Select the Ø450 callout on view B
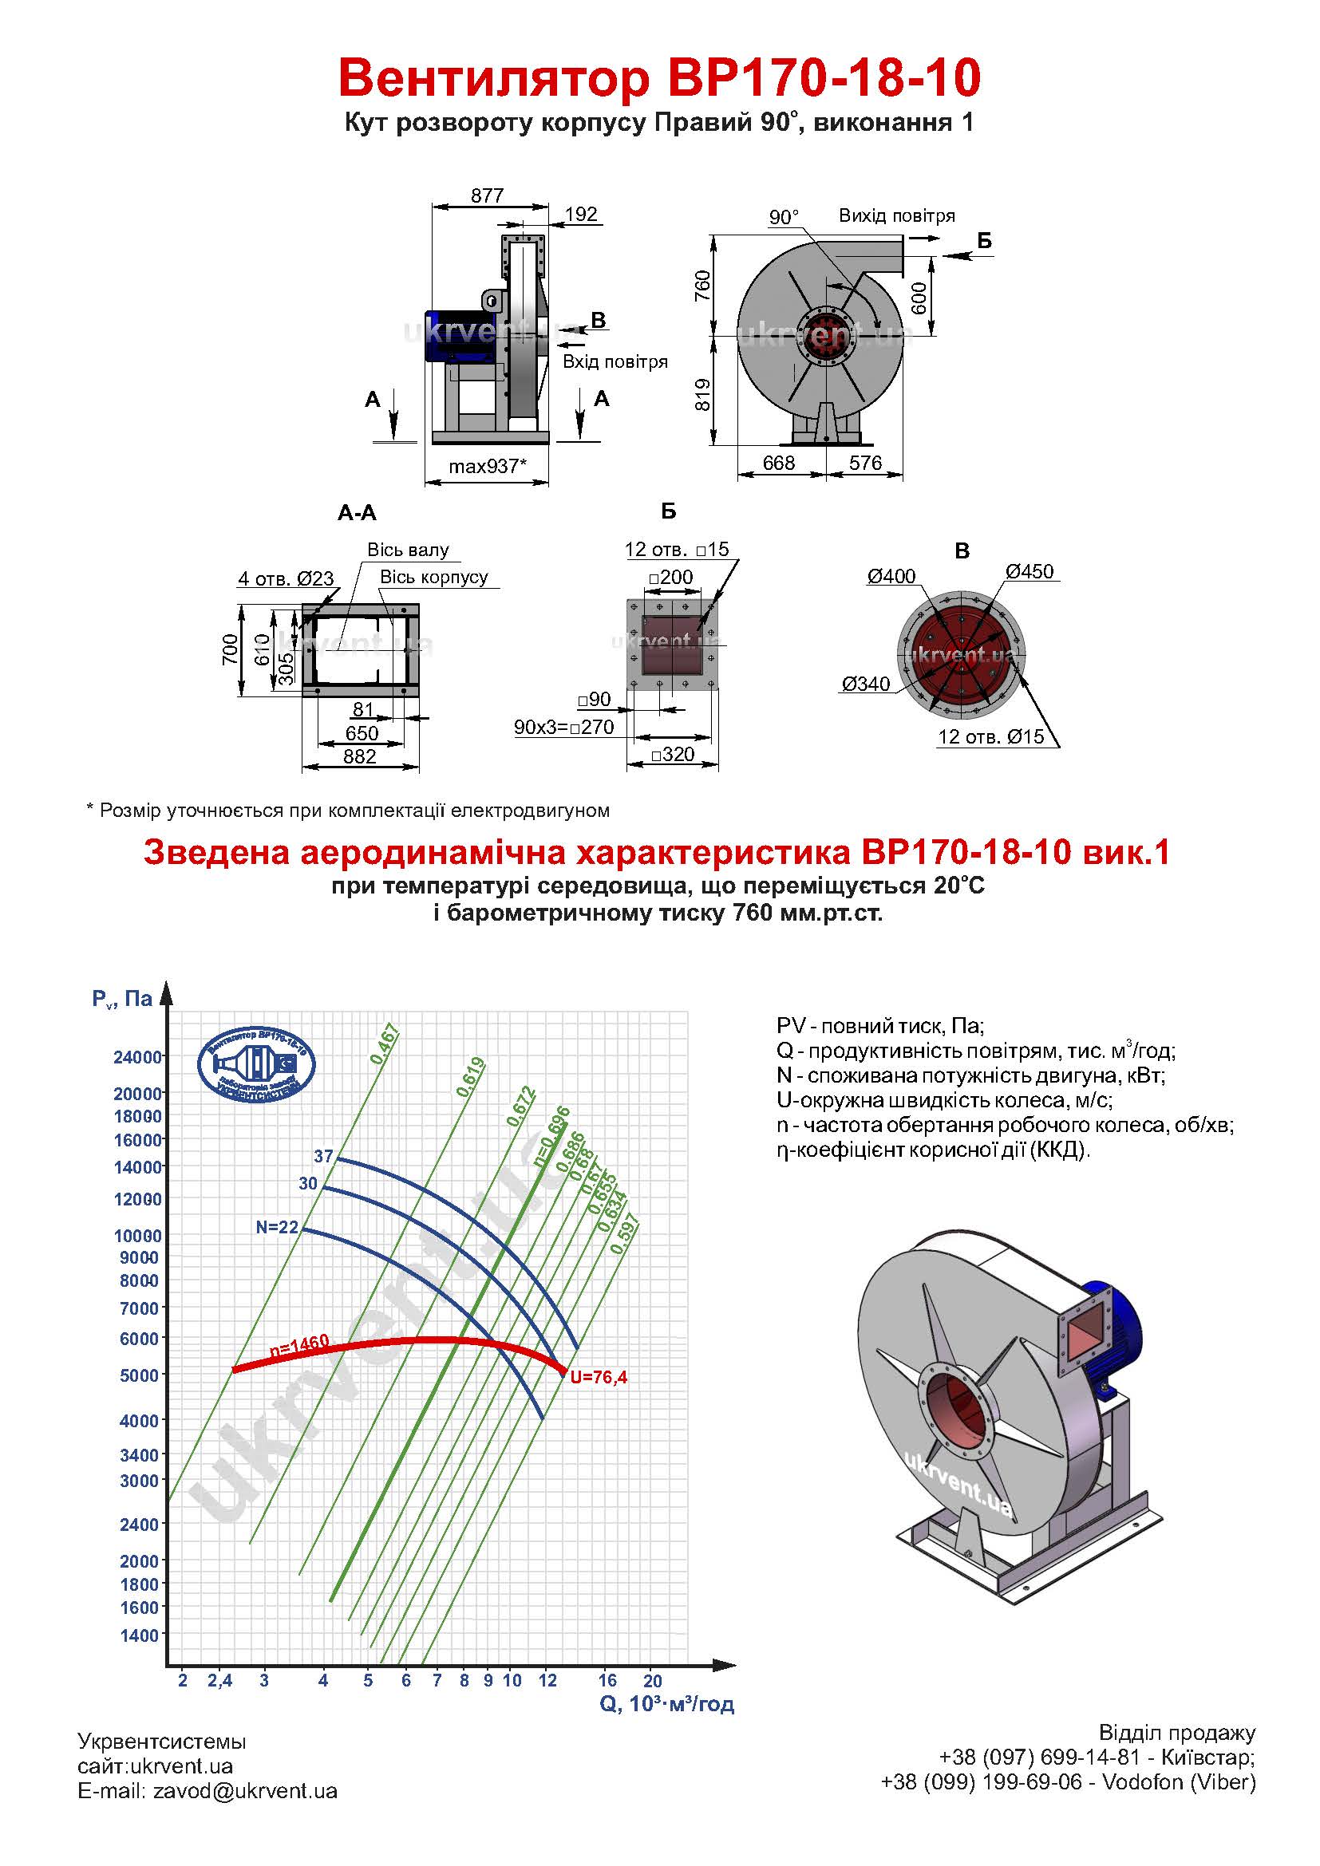(1029, 571)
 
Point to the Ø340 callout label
(866, 684)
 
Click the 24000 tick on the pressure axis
(137, 1057)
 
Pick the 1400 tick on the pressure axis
(140, 1635)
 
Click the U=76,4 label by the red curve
(599, 1377)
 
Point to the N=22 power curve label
(277, 1227)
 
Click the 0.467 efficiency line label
(385, 1044)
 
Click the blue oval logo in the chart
(257, 1065)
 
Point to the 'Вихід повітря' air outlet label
(896, 216)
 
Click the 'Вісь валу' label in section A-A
(408, 550)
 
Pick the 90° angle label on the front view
(784, 217)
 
